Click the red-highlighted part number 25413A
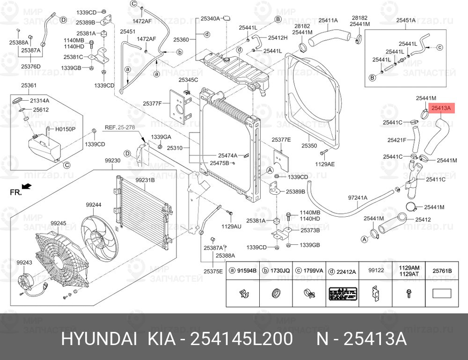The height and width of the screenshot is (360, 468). tap(441, 108)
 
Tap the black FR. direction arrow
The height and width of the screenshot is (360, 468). tap(27, 186)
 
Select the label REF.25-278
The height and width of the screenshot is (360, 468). tap(119, 127)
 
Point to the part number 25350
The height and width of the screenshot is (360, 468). tap(309, 146)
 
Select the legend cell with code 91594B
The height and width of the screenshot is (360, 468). tap(243, 271)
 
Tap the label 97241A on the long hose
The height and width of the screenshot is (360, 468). tap(358, 198)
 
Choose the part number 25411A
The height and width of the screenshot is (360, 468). tap(328, 20)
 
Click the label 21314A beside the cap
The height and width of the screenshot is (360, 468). tap(40, 101)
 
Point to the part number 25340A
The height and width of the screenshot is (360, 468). tap(210, 19)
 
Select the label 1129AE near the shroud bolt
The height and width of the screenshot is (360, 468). tap(325, 164)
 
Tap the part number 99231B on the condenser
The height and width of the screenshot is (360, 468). tap(145, 180)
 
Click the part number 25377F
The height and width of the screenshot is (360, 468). tap(152, 103)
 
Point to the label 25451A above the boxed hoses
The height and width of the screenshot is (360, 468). tap(406, 20)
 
